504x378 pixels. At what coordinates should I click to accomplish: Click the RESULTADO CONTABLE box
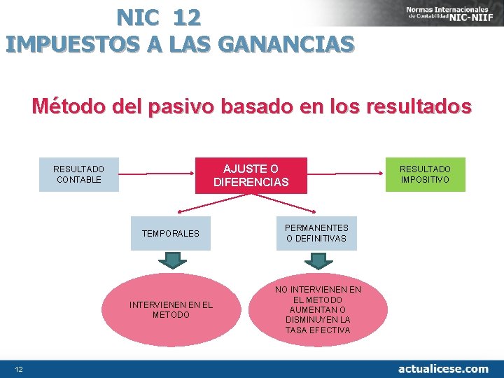click(78, 174)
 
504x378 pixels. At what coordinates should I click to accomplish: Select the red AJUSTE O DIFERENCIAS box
click(251, 175)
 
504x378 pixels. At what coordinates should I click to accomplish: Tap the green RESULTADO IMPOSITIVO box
click(425, 174)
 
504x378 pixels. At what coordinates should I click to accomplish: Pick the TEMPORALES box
click(170, 233)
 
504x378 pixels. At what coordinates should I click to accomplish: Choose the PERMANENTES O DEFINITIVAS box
click(316, 233)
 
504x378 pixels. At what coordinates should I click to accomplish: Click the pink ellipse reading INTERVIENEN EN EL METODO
click(171, 309)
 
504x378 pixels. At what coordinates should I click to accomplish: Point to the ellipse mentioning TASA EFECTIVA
click(318, 309)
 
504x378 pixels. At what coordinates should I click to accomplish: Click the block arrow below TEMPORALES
click(172, 260)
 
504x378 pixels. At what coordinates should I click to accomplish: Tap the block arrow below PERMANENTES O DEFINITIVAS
click(318, 260)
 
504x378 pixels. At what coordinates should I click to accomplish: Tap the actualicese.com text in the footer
click(443, 368)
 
